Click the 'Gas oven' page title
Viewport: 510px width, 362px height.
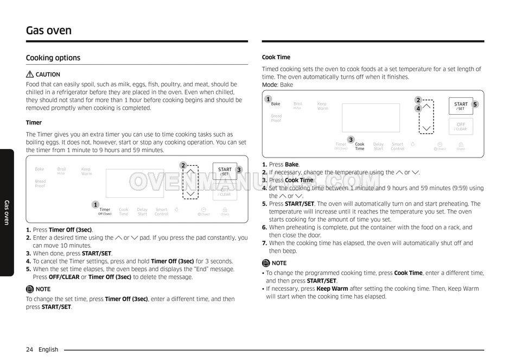pyautogui.click(x=49, y=30)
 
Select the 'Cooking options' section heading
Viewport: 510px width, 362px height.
pyautogui.click(x=53, y=58)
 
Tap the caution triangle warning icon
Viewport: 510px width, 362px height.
pyautogui.click(x=30, y=74)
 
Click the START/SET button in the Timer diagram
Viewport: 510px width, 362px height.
pyautogui.click(x=225, y=172)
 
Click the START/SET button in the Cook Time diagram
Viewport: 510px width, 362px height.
pyautogui.click(x=461, y=106)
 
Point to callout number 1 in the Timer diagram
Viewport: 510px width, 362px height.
pyautogui.click(x=95, y=205)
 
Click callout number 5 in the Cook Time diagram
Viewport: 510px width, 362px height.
pyautogui.click(x=475, y=104)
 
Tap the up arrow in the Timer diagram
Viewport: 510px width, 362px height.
pyautogui.click(x=190, y=173)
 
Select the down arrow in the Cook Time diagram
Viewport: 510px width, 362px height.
pyautogui.click(x=427, y=129)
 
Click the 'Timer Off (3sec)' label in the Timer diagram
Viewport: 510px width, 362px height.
pyautogui.click(x=105, y=211)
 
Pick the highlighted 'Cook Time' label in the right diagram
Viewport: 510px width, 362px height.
pyautogui.click(x=360, y=146)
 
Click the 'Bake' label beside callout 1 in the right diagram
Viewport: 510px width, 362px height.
pyautogui.click(x=276, y=104)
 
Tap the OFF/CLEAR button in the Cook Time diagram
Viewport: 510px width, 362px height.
pyautogui.click(x=461, y=127)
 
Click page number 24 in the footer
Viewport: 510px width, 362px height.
pyautogui.click(x=29, y=349)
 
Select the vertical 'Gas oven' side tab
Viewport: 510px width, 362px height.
pyautogui.click(x=7, y=212)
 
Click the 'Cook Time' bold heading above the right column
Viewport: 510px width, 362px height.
pyautogui.click(x=276, y=57)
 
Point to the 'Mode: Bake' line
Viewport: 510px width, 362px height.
pyautogui.click(x=277, y=85)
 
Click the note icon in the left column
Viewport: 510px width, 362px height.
pyautogui.click(x=30, y=289)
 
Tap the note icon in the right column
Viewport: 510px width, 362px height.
pyautogui.click(x=266, y=263)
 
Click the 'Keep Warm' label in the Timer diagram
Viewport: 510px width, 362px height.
pyautogui.click(x=86, y=171)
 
